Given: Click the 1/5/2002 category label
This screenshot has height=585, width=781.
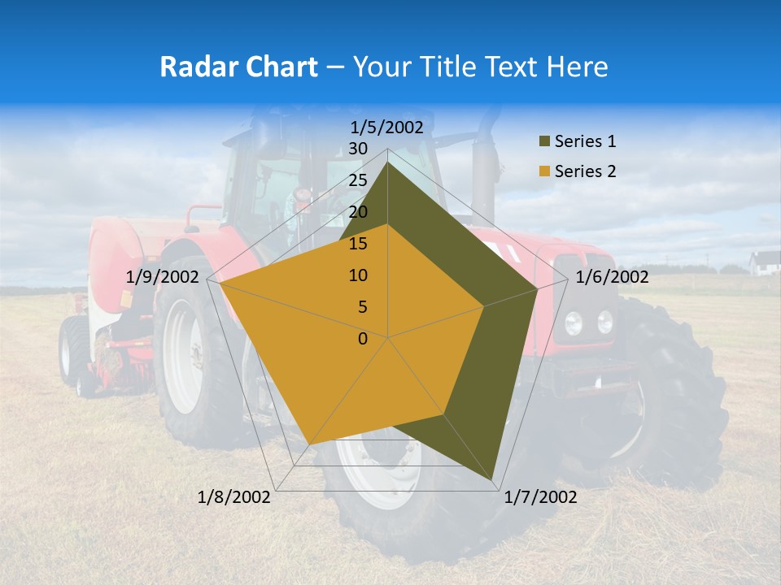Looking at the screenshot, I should point(387,127).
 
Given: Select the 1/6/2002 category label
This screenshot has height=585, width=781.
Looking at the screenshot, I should point(612,277).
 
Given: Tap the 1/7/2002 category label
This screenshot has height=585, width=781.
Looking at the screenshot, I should point(540,497).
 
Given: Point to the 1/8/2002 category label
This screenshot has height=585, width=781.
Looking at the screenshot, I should point(234,497).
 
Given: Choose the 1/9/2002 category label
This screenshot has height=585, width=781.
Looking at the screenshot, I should point(162,277).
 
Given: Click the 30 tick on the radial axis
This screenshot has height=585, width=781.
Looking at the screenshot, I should point(358,149).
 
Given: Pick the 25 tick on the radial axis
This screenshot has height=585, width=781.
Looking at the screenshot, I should point(358,180).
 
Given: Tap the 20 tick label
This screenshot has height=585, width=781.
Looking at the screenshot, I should point(358,212).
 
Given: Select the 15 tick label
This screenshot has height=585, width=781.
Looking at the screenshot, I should point(358,244).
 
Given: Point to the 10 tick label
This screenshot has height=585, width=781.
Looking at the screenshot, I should point(358,275).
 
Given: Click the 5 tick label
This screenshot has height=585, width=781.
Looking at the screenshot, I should point(362,307).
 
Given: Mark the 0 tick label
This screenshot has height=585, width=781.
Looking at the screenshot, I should point(363,339).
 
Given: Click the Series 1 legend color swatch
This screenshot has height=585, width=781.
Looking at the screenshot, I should point(543,142).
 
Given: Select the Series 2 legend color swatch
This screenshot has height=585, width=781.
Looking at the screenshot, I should point(543,171).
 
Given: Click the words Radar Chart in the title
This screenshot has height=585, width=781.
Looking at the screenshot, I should point(238,67).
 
